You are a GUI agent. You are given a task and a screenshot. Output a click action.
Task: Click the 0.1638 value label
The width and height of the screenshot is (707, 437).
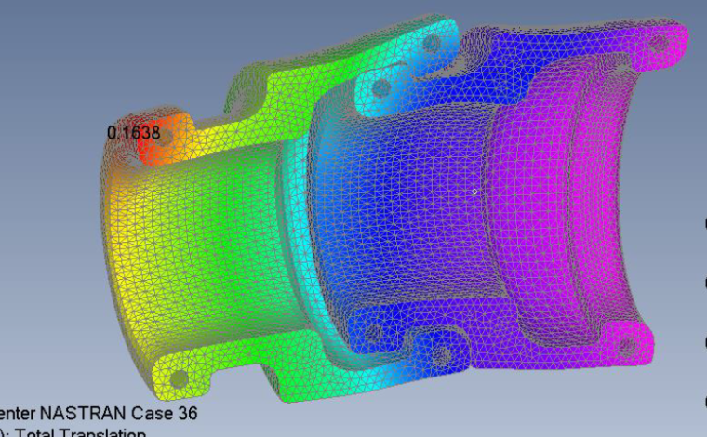[x=134, y=132]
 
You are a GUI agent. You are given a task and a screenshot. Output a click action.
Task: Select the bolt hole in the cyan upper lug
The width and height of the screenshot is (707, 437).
[x=380, y=87]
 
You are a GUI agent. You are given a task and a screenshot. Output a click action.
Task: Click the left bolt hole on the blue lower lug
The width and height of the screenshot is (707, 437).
[x=371, y=331]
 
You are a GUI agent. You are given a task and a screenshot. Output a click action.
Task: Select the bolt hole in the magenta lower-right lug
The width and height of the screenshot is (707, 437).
[x=634, y=345]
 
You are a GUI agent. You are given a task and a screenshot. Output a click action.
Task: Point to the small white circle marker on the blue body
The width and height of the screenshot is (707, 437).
[x=474, y=192]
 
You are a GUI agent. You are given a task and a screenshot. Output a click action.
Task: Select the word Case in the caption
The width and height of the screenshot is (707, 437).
[x=153, y=413]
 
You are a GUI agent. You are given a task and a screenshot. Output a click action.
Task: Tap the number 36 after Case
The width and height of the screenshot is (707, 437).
[x=186, y=413]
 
